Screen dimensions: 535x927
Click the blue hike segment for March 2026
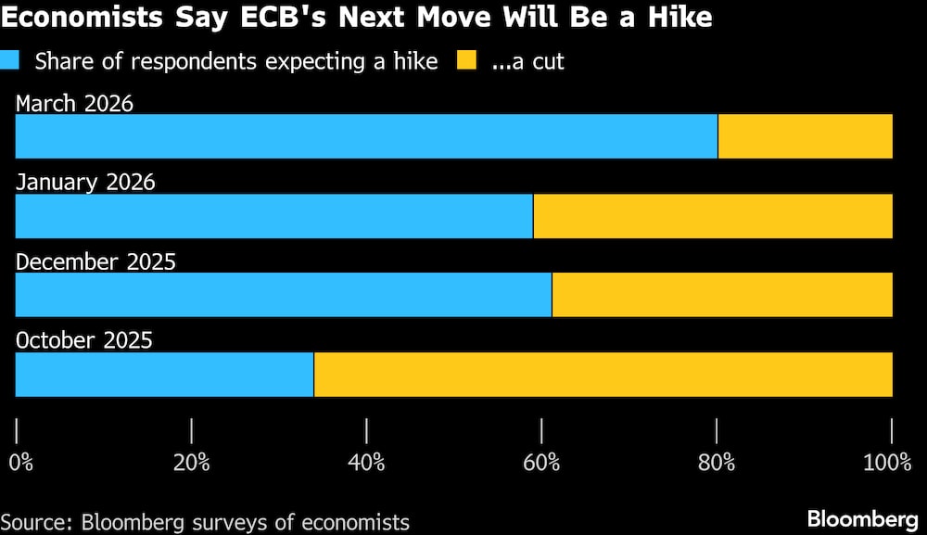(x=366, y=136)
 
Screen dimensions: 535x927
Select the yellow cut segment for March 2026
(x=805, y=136)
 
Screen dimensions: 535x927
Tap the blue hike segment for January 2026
(x=274, y=216)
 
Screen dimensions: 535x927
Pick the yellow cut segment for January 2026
(x=713, y=216)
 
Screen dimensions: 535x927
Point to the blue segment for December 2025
(x=284, y=295)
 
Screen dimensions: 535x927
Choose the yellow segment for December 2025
(x=722, y=295)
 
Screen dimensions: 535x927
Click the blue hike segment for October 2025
(x=165, y=375)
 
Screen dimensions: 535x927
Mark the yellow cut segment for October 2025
(x=603, y=375)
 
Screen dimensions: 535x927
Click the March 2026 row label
(x=75, y=103)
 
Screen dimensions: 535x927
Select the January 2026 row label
(x=85, y=182)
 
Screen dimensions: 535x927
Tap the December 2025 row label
(x=95, y=261)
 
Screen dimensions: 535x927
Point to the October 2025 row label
(x=84, y=340)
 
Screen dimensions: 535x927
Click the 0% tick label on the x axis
(x=20, y=462)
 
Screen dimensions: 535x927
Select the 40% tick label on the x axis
(x=367, y=462)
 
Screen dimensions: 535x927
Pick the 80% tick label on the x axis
(x=717, y=462)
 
